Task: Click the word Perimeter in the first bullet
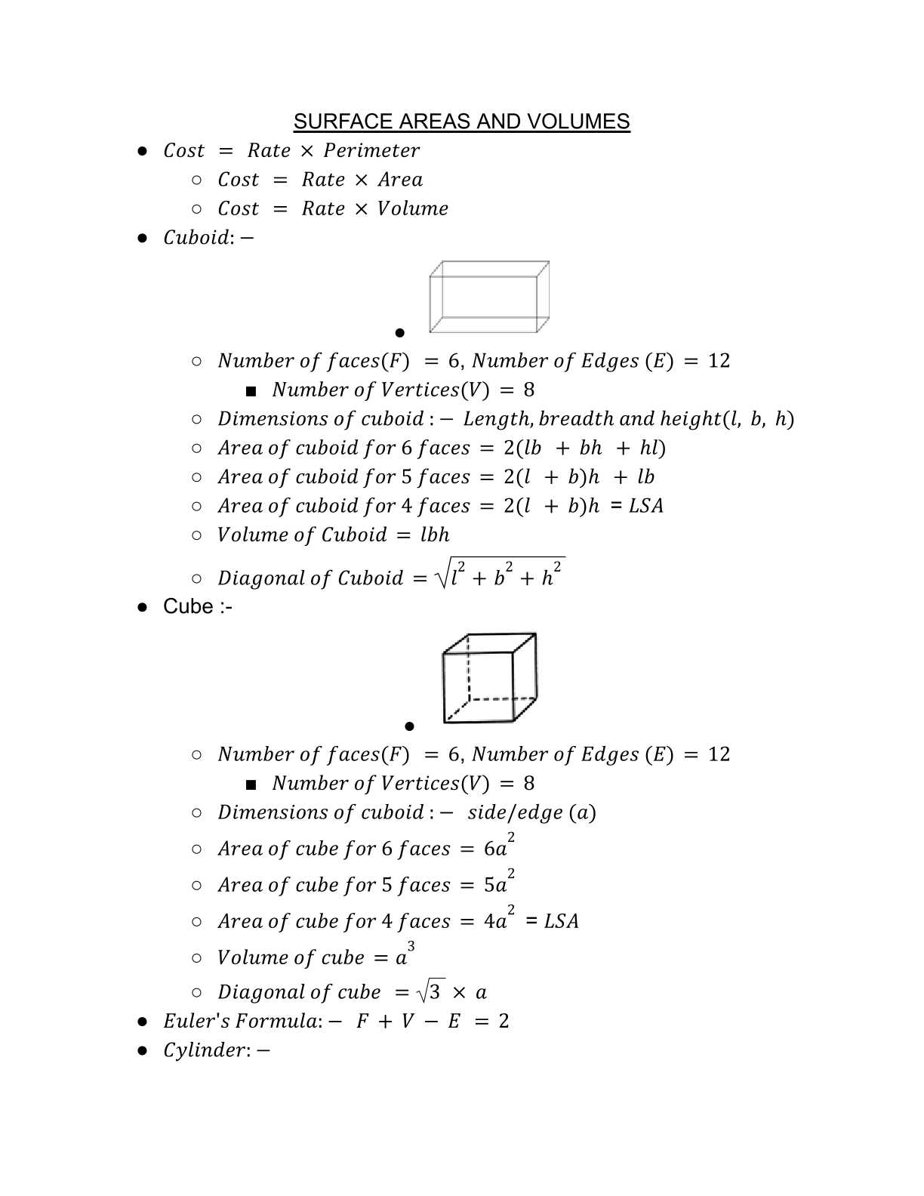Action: point(371,150)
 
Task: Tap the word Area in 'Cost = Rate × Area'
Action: point(400,180)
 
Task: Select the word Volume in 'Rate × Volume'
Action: point(412,208)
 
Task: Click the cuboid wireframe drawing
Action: point(488,297)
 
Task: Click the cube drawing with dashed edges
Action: point(489,678)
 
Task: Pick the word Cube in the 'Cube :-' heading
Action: point(188,606)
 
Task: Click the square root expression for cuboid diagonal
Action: point(500,575)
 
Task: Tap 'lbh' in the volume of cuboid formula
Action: point(435,535)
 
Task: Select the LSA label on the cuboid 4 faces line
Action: point(646,506)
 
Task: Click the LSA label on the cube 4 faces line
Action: point(561,921)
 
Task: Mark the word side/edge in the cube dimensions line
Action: point(515,812)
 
